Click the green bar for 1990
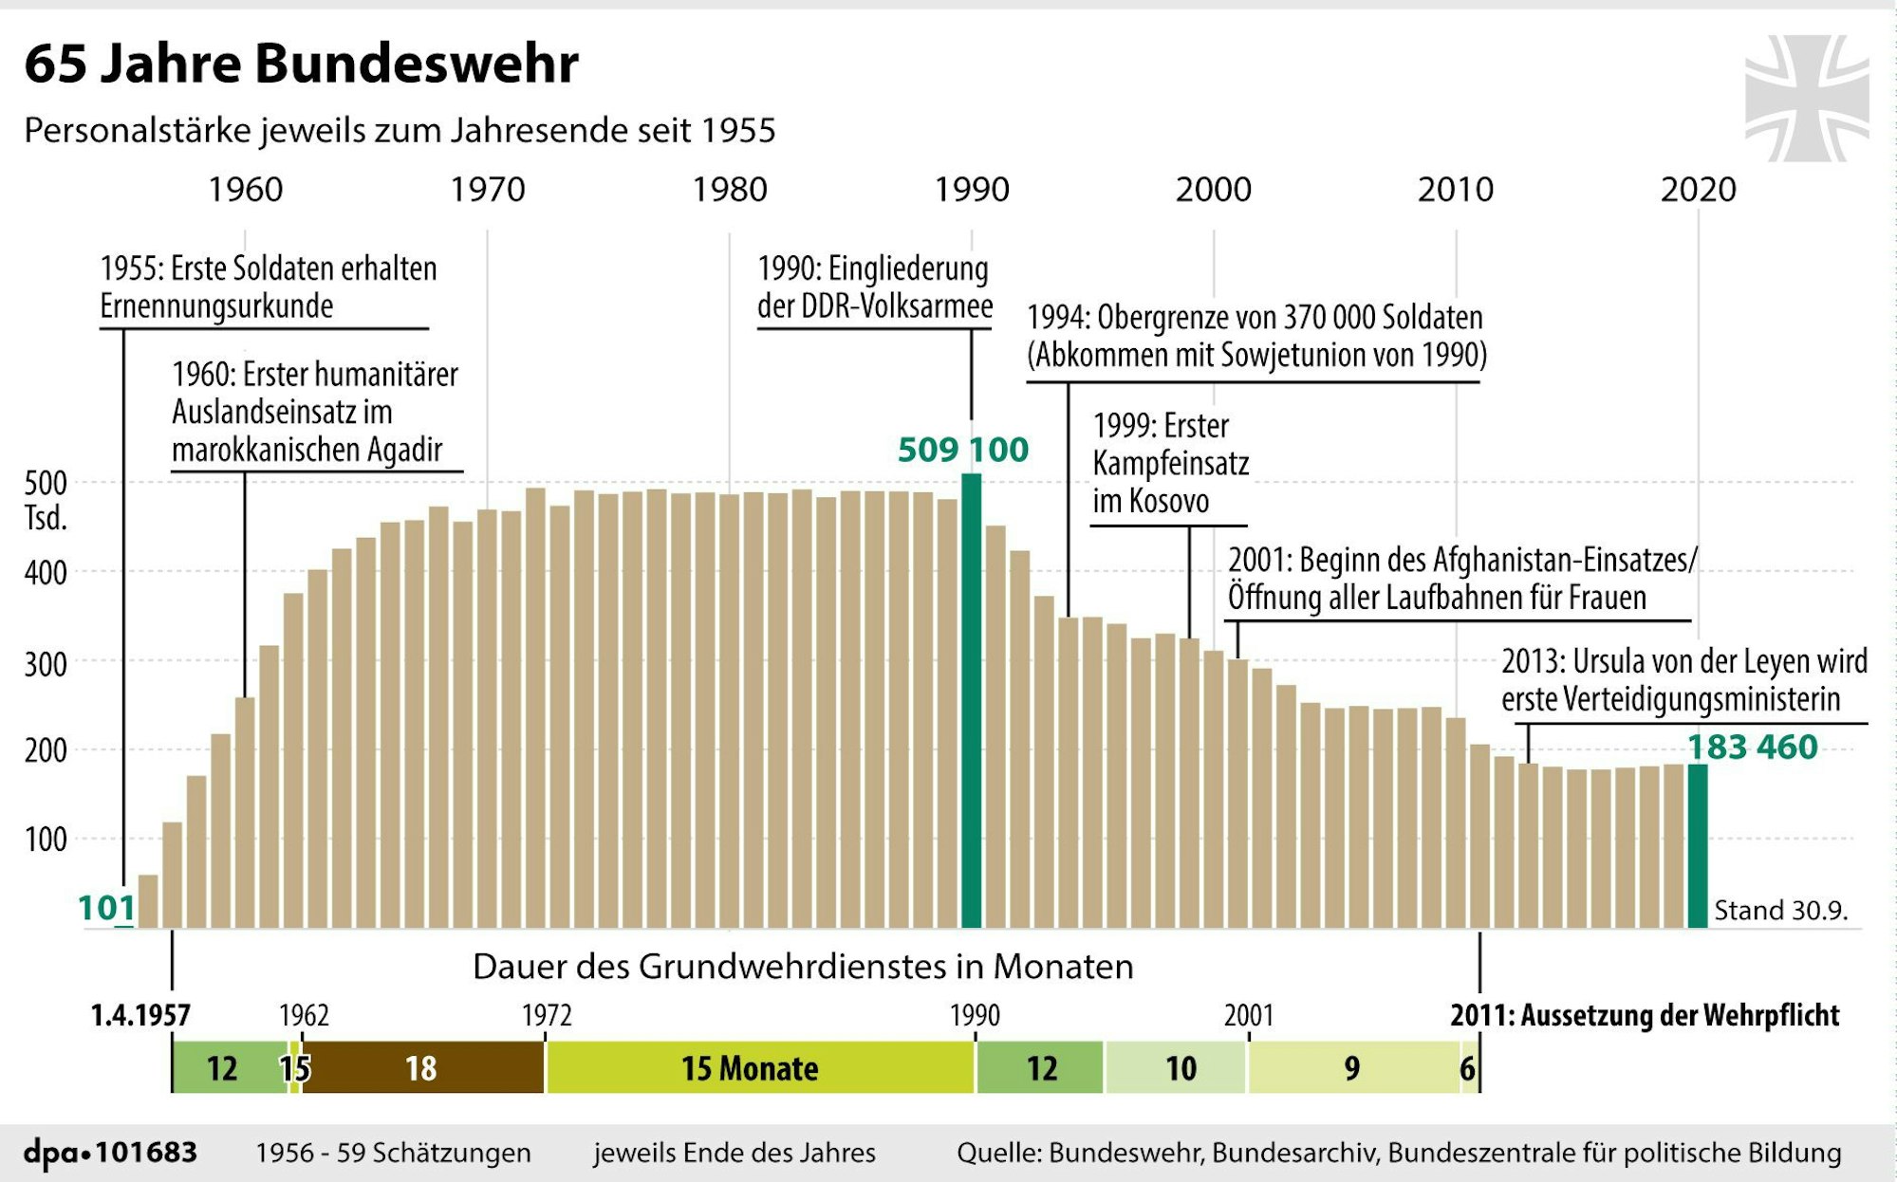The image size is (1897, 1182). pyautogui.click(x=971, y=702)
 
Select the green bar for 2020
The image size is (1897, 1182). pyautogui.click(x=1697, y=844)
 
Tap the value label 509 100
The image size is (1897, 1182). pyautogui.click(x=962, y=450)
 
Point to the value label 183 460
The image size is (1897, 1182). pyautogui.click(x=1752, y=748)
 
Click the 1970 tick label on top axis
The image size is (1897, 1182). pyautogui.click(x=487, y=190)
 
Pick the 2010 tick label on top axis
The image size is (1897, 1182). pyautogui.click(x=1455, y=190)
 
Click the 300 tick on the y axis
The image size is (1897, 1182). pyautogui.click(x=46, y=664)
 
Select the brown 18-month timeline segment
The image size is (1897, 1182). pyautogui.click(x=422, y=1068)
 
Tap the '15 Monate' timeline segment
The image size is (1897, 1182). pyautogui.click(x=750, y=1068)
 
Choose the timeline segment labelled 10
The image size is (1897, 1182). pyautogui.click(x=1180, y=1068)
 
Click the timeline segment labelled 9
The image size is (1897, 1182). pyautogui.click(x=1352, y=1068)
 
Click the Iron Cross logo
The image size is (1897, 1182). pyautogui.click(x=1806, y=98)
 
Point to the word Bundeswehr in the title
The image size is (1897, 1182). pyautogui.click(x=416, y=65)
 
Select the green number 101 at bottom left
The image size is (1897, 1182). pyautogui.click(x=105, y=908)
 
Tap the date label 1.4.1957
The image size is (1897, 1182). pyautogui.click(x=140, y=1016)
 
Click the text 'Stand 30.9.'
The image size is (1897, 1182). pyautogui.click(x=1780, y=911)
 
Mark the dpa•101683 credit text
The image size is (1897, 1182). pyautogui.click(x=110, y=1153)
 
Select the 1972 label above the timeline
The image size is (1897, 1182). pyautogui.click(x=547, y=1016)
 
